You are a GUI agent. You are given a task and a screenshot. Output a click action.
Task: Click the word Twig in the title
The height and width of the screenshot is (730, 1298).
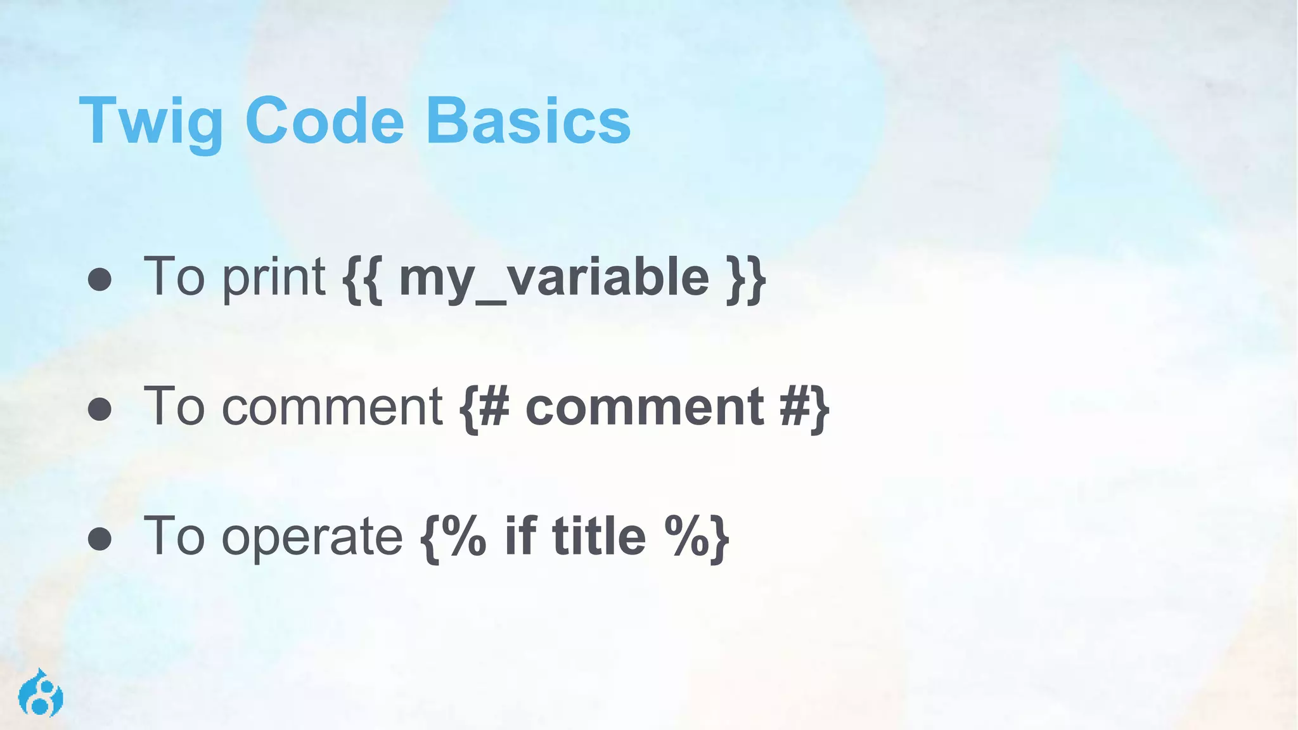coord(151,121)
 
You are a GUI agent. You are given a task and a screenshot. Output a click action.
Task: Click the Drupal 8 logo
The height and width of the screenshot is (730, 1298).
coord(41,693)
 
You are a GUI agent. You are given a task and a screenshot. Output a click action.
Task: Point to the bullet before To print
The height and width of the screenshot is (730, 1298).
coord(100,279)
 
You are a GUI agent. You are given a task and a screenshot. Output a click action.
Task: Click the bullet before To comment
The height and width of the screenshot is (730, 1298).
coord(100,409)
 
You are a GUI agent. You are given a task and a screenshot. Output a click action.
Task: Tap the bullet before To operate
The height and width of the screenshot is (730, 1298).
coord(100,539)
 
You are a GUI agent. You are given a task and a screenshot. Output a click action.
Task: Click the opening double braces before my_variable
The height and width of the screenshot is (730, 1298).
coord(363,279)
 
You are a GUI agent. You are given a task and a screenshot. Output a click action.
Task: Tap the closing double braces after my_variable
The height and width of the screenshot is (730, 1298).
coord(746,279)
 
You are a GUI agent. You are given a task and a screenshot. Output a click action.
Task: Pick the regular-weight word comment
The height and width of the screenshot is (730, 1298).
coord(331,407)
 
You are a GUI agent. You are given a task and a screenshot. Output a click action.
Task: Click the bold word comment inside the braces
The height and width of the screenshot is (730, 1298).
coord(645,407)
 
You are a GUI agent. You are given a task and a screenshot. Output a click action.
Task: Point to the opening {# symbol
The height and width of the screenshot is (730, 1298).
coord(484,408)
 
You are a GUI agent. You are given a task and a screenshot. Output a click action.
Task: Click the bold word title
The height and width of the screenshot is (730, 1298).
coord(599,536)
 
